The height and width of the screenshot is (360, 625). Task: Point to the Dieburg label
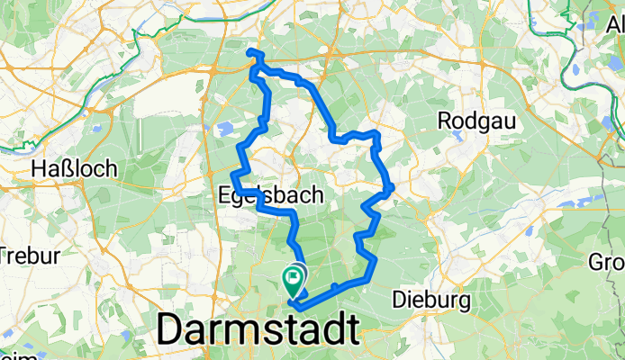point(429,298)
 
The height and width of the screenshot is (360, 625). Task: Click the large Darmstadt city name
point(258,330)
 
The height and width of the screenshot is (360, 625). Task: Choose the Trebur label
point(24,255)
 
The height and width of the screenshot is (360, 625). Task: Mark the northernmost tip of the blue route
point(251,52)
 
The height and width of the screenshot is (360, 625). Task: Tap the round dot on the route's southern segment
point(334,286)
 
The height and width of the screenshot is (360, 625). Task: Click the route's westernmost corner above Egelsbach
point(233,172)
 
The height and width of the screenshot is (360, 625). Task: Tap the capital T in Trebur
point(6,255)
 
